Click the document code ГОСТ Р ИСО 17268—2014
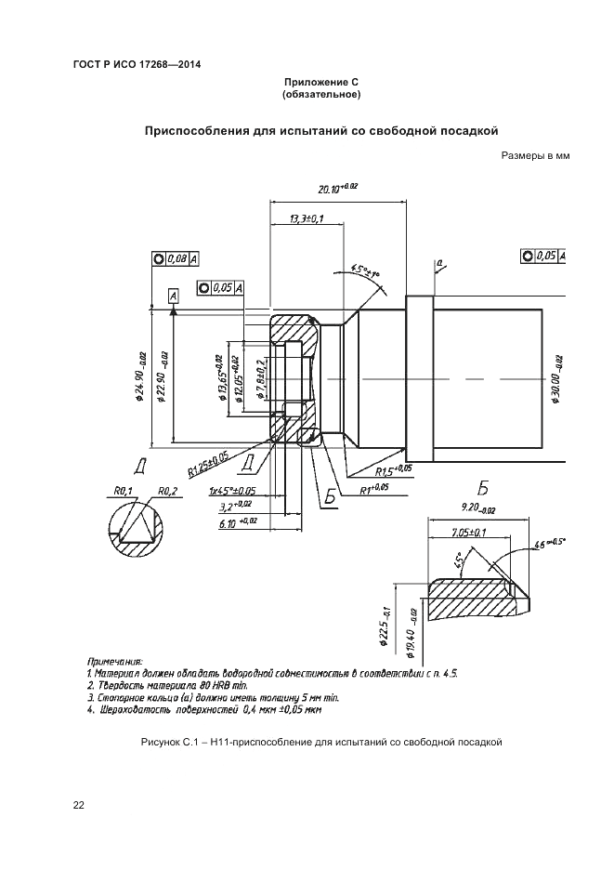[x=137, y=64]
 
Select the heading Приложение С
[x=320, y=83]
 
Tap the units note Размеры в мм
[x=534, y=157]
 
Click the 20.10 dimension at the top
[x=336, y=189]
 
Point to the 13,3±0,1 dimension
[x=306, y=218]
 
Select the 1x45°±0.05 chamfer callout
[x=232, y=491]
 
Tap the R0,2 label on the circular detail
[x=168, y=491]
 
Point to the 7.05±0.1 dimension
[x=469, y=534]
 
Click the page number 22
[x=79, y=806]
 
